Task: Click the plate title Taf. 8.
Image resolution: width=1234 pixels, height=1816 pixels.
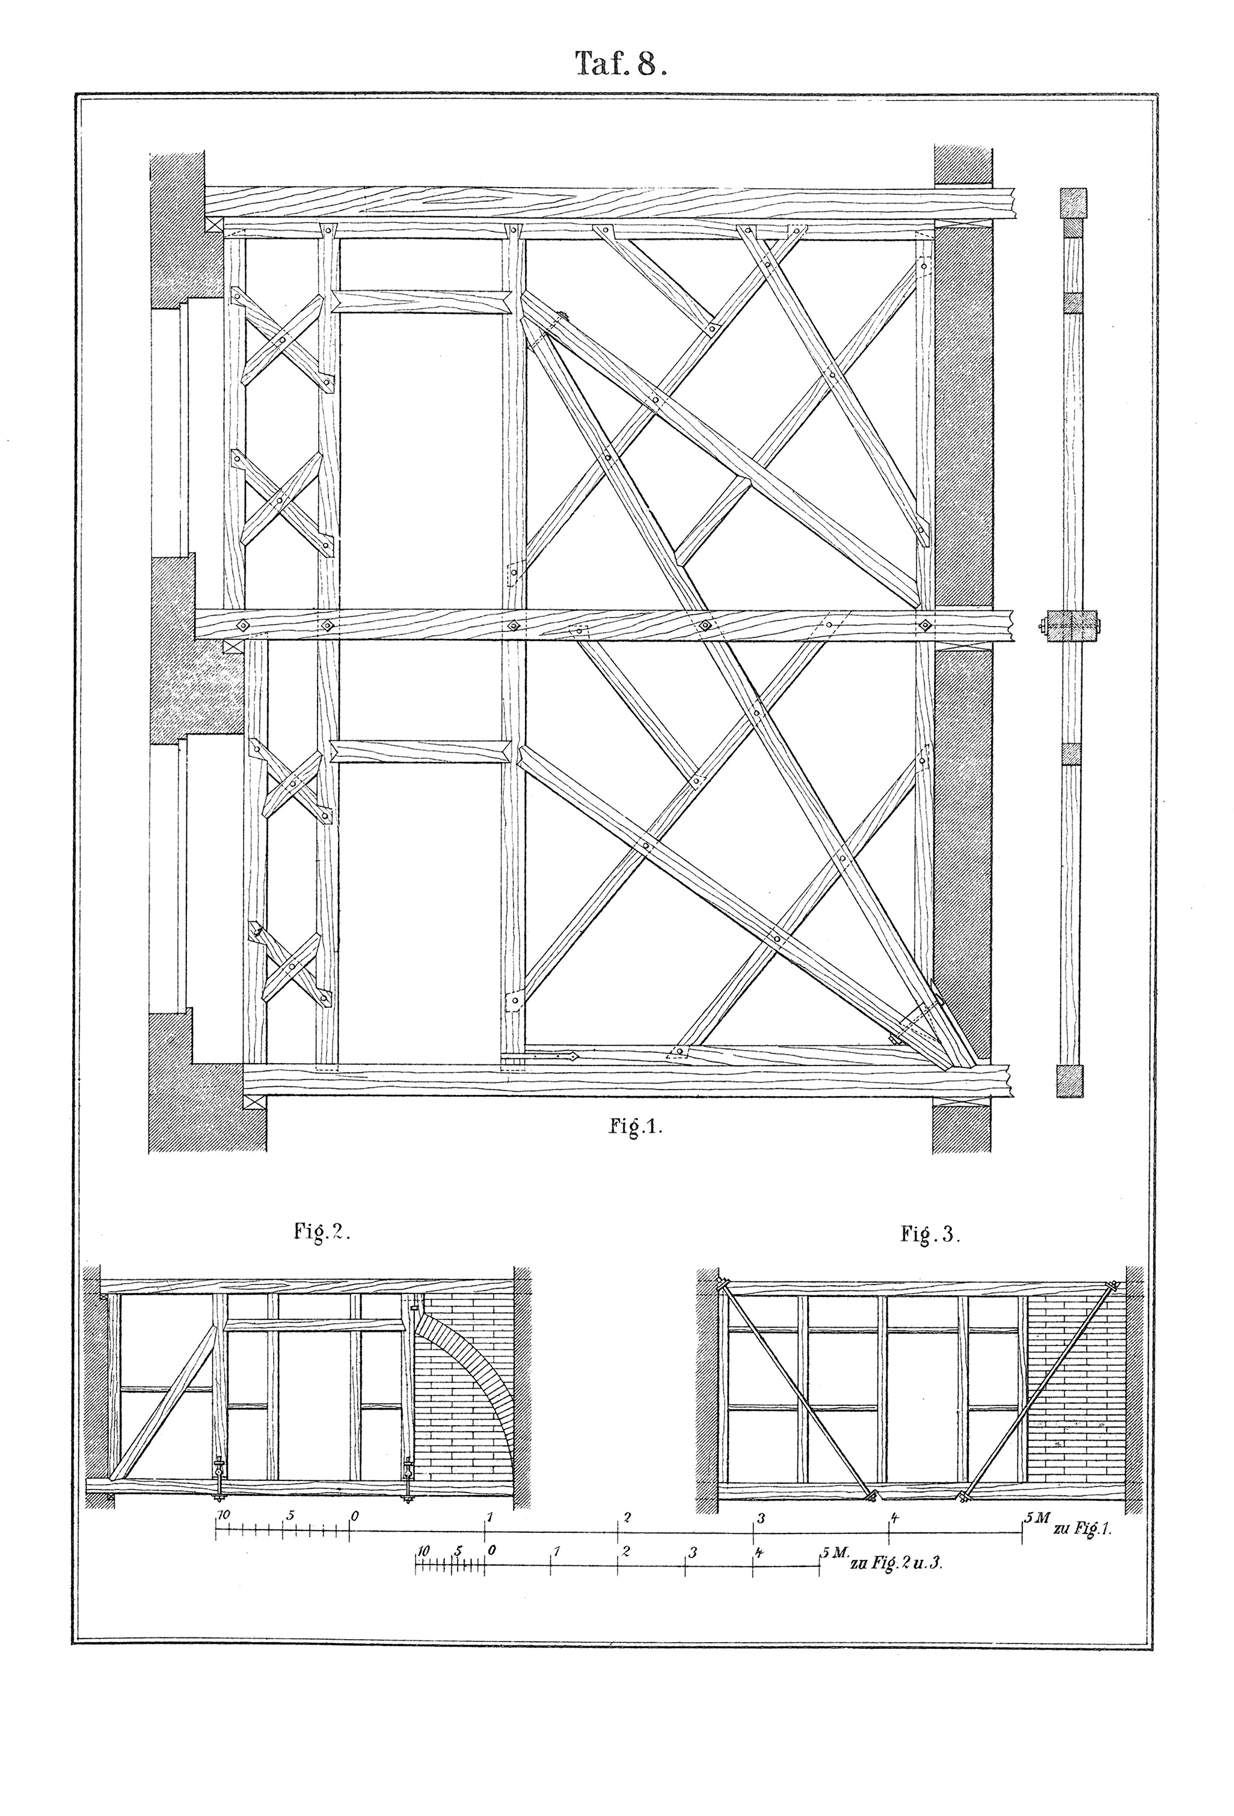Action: [621, 63]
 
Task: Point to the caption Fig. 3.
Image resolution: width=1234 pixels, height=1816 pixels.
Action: [929, 1235]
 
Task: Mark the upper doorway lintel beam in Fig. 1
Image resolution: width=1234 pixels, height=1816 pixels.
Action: [422, 302]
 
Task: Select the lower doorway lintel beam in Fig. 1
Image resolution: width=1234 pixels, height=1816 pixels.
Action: [422, 751]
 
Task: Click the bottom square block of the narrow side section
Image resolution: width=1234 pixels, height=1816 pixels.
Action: [1070, 1081]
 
